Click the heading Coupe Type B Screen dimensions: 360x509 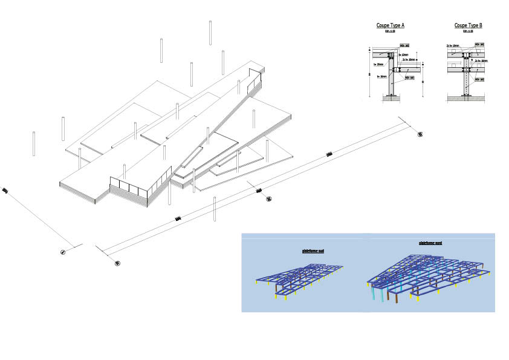(468, 25)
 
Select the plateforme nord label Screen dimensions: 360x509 (430, 243)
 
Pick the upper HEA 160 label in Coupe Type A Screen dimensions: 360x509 (404, 45)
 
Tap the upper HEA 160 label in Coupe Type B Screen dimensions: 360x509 (479, 46)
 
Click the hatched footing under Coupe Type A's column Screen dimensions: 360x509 (391, 97)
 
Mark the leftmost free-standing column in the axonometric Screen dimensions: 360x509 (34, 143)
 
